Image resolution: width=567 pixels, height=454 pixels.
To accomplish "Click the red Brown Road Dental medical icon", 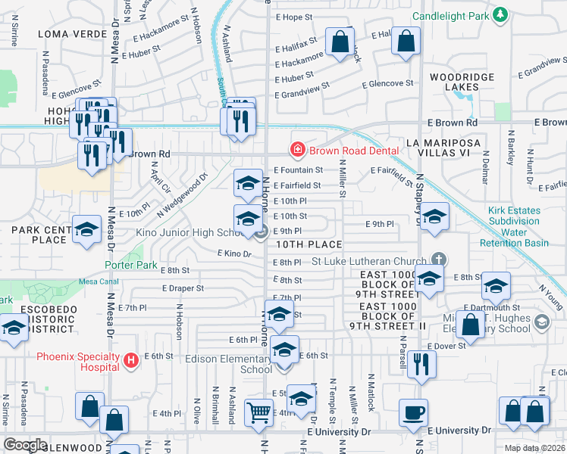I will (298, 151).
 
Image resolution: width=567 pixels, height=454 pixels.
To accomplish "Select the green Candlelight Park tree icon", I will (500, 14).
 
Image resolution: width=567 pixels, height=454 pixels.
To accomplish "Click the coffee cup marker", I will (413, 412).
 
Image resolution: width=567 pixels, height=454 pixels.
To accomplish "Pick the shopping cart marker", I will (258, 412).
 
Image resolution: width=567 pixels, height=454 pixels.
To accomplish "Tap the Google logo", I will (25, 445).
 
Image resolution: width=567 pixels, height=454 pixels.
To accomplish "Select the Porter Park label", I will (131, 266).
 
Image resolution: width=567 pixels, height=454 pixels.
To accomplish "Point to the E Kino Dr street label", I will (233, 254).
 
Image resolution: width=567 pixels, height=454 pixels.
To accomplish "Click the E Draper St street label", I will (183, 288).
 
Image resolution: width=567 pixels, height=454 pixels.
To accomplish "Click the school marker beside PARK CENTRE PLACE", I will (86, 229).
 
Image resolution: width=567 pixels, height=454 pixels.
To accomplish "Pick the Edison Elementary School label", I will (229, 364).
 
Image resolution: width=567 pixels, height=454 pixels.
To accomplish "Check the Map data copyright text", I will (534, 448).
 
